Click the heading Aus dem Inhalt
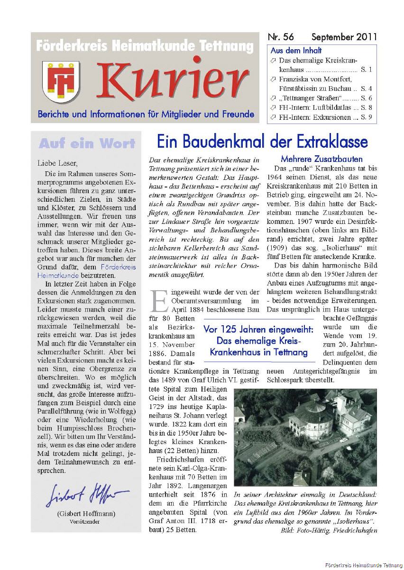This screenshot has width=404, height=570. [296, 50]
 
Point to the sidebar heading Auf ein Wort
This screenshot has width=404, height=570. [87, 143]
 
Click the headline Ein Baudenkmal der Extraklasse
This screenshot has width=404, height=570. [262, 142]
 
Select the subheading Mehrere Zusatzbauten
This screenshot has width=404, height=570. [321, 159]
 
